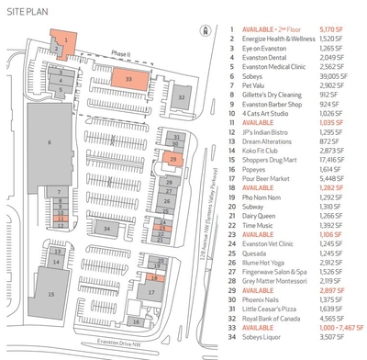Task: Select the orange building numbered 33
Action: click(x=128, y=79)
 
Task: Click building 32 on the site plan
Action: click(x=182, y=96)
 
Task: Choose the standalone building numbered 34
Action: click(x=106, y=227)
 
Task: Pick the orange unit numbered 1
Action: click(x=66, y=41)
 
